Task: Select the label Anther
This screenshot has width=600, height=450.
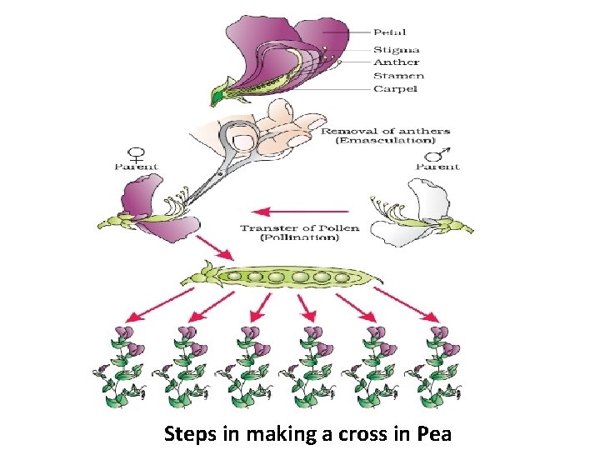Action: point(397,62)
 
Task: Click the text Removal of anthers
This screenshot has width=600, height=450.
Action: point(385,131)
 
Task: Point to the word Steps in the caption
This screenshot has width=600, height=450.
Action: point(188,434)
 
